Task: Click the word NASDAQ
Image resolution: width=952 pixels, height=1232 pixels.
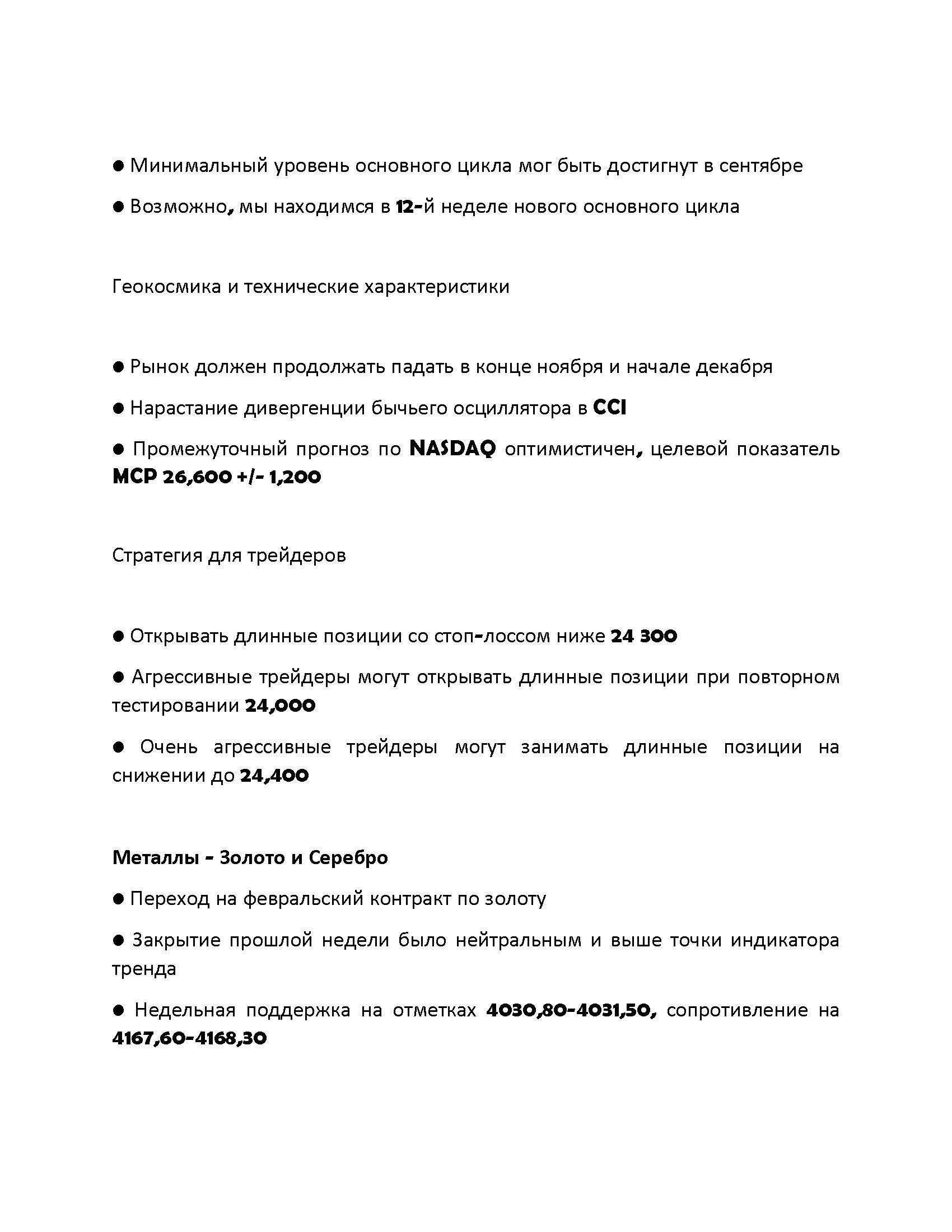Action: click(452, 449)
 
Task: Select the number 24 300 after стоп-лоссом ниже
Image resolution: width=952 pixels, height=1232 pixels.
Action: click(643, 636)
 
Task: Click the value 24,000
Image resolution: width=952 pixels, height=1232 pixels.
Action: click(280, 706)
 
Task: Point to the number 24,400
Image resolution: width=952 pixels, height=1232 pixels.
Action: click(274, 776)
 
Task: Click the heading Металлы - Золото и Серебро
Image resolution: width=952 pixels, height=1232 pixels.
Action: click(250, 857)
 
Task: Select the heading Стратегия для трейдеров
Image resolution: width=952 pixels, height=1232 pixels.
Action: click(229, 556)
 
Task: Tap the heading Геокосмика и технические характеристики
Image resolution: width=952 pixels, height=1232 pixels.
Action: click(311, 287)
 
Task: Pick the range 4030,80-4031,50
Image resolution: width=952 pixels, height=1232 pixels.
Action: click(571, 1010)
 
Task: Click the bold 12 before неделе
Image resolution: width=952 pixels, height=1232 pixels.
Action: click(405, 207)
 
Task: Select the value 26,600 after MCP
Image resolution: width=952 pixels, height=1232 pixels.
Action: click(197, 477)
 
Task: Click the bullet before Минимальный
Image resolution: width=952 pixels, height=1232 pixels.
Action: click(118, 166)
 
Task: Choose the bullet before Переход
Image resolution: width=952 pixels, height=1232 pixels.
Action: click(118, 899)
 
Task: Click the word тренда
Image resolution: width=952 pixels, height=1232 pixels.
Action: click(144, 969)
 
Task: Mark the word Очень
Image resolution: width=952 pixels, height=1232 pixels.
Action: click(169, 748)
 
